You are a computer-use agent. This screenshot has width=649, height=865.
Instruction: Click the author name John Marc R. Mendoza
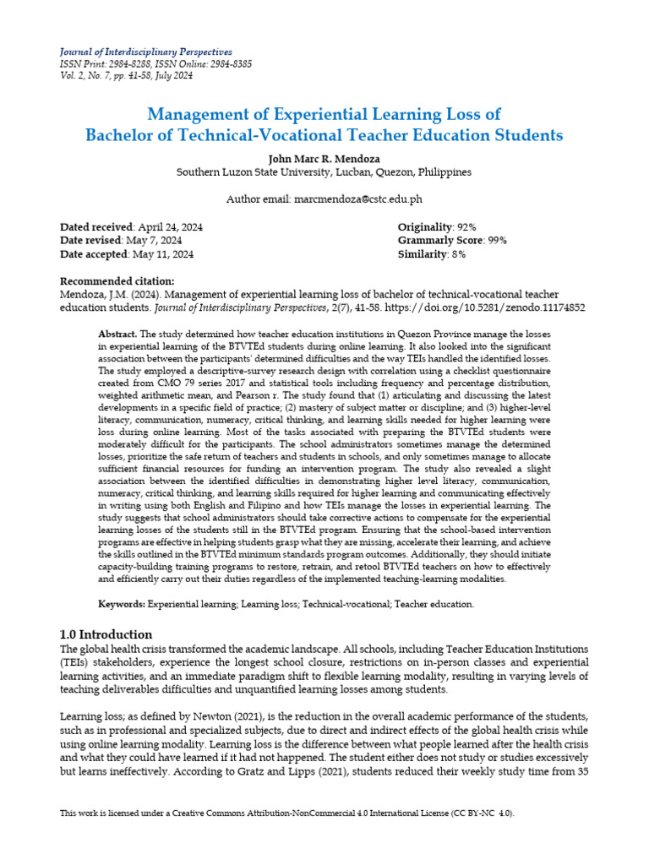tap(324, 158)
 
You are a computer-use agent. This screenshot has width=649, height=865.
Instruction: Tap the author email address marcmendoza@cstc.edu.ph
tap(357, 199)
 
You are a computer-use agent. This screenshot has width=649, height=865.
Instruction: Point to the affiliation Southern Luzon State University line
tap(324, 171)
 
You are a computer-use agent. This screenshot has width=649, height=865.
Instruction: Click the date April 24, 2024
tap(169, 227)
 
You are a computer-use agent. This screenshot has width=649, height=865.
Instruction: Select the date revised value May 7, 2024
tap(161, 241)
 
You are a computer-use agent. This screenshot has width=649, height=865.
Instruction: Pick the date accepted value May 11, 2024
tap(164, 254)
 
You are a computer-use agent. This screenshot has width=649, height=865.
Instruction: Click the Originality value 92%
tap(466, 227)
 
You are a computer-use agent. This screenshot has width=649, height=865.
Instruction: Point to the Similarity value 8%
tap(456, 254)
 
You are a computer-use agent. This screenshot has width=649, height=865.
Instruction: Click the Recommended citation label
tap(117, 281)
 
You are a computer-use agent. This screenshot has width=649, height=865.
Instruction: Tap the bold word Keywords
tap(123, 605)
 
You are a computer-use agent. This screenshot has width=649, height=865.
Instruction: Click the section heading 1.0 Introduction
tap(106, 634)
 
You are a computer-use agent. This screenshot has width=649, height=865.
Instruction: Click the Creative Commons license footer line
tap(286, 813)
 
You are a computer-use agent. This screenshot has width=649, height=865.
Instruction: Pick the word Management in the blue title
tap(203, 114)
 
